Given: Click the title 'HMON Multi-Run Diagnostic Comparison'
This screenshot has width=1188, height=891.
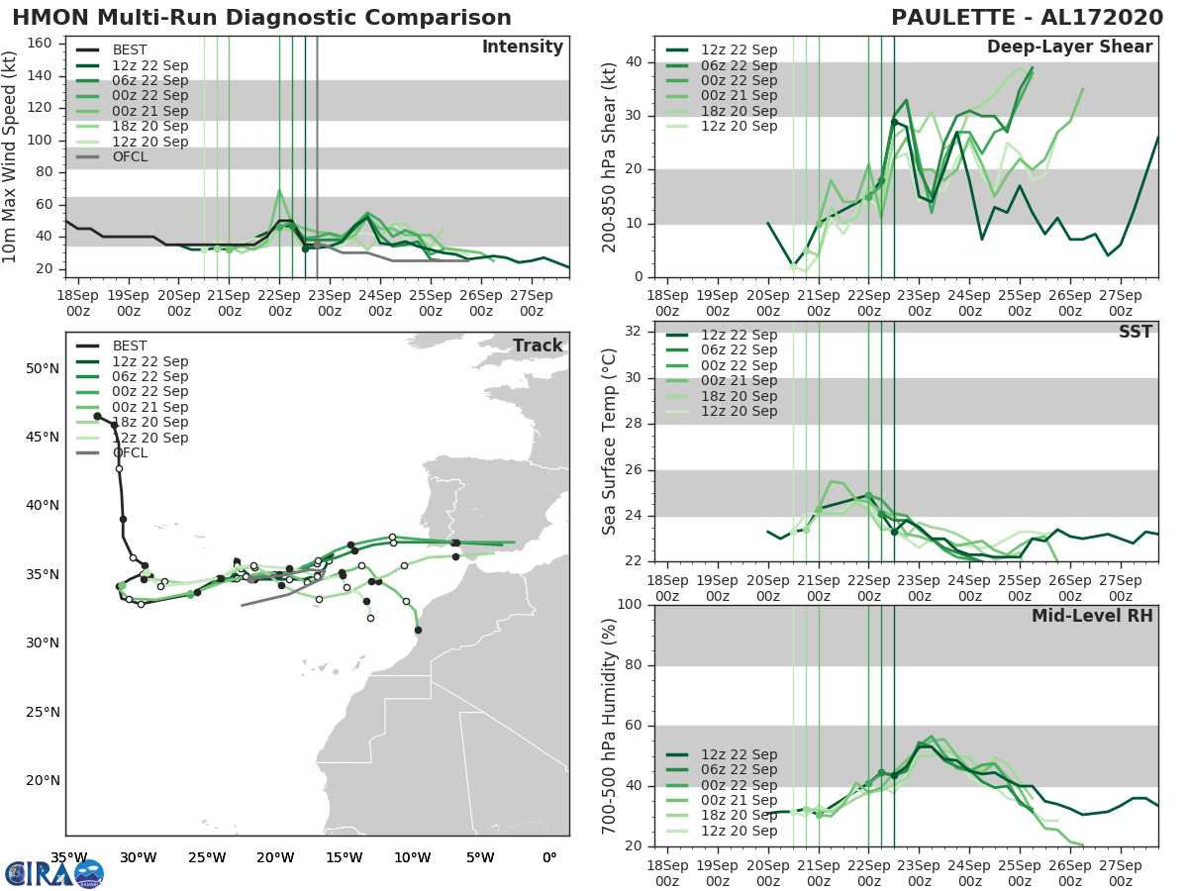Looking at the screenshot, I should click(261, 18).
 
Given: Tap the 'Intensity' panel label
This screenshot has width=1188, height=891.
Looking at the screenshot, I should click(523, 48).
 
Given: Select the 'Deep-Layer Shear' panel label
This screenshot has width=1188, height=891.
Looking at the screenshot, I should click(1069, 48).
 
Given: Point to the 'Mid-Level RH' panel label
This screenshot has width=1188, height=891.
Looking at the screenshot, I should click(1092, 617).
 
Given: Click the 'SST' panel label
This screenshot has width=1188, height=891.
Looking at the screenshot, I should click(1136, 332).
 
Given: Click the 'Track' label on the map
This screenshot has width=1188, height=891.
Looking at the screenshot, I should click(538, 346).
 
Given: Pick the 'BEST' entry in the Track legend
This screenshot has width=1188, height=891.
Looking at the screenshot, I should click(130, 346).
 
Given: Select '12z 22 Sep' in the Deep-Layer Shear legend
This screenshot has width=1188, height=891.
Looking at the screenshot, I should click(739, 50).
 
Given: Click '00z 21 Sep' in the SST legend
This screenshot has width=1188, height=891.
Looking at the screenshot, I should click(739, 381).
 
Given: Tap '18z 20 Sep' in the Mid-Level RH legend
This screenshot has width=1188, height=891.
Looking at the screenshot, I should click(739, 816).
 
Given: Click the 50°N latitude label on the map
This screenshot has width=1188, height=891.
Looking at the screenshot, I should click(43, 369).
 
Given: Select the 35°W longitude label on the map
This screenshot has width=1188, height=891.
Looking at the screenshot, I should click(66, 856).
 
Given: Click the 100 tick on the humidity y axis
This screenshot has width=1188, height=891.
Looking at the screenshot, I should click(634, 605).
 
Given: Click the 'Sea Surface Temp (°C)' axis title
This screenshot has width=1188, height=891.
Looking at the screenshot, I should click(611, 442).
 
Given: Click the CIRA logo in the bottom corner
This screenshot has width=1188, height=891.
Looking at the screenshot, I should click(53, 874).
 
